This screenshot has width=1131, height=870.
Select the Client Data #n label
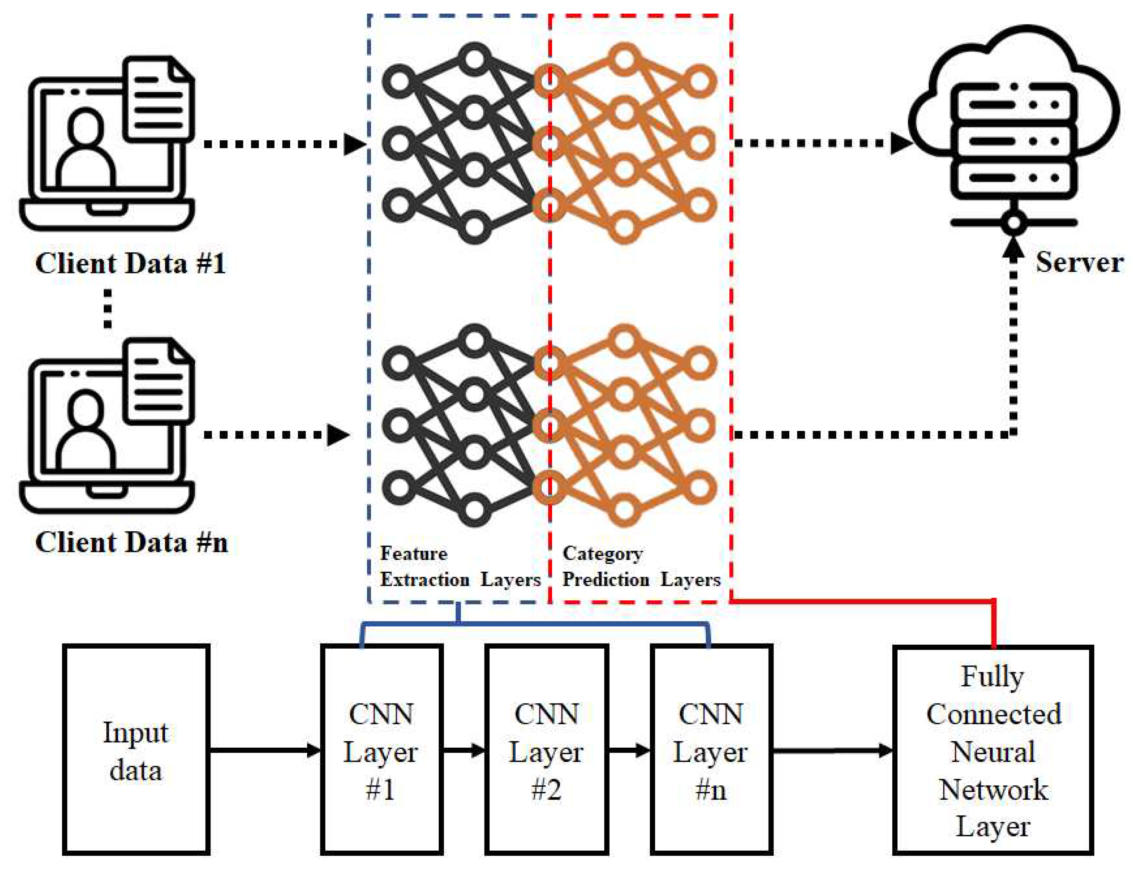pyautogui.click(x=132, y=543)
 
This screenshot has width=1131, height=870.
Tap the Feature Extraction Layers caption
pyautogui.click(x=459, y=567)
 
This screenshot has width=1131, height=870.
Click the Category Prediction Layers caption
pyautogui.click(x=641, y=567)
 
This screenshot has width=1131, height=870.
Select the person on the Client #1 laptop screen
pyautogui.click(x=85, y=150)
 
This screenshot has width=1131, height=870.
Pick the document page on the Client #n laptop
pyautogui.click(x=158, y=381)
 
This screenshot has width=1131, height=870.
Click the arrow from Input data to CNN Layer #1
pyautogui.click(x=264, y=749)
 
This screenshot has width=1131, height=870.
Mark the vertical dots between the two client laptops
pyautogui.click(x=107, y=309)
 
